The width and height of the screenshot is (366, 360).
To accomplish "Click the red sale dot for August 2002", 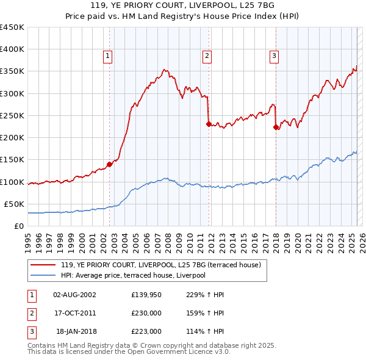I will click(x=109, y=164).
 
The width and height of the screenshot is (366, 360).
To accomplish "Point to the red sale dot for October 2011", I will click(x=209, y=124).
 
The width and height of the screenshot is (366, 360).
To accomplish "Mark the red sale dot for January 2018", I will click(x=276, y=127).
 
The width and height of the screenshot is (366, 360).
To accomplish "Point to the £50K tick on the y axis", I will click(x=14, y=204).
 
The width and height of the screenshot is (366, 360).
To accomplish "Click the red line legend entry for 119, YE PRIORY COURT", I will click(x=160, y=265).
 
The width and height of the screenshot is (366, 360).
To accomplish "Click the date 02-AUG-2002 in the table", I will click(x=75, y=295).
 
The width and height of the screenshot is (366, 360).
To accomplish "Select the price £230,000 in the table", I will click(x=146, y=313).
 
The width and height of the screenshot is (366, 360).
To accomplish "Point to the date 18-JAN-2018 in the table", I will click(x=76, y=331).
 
